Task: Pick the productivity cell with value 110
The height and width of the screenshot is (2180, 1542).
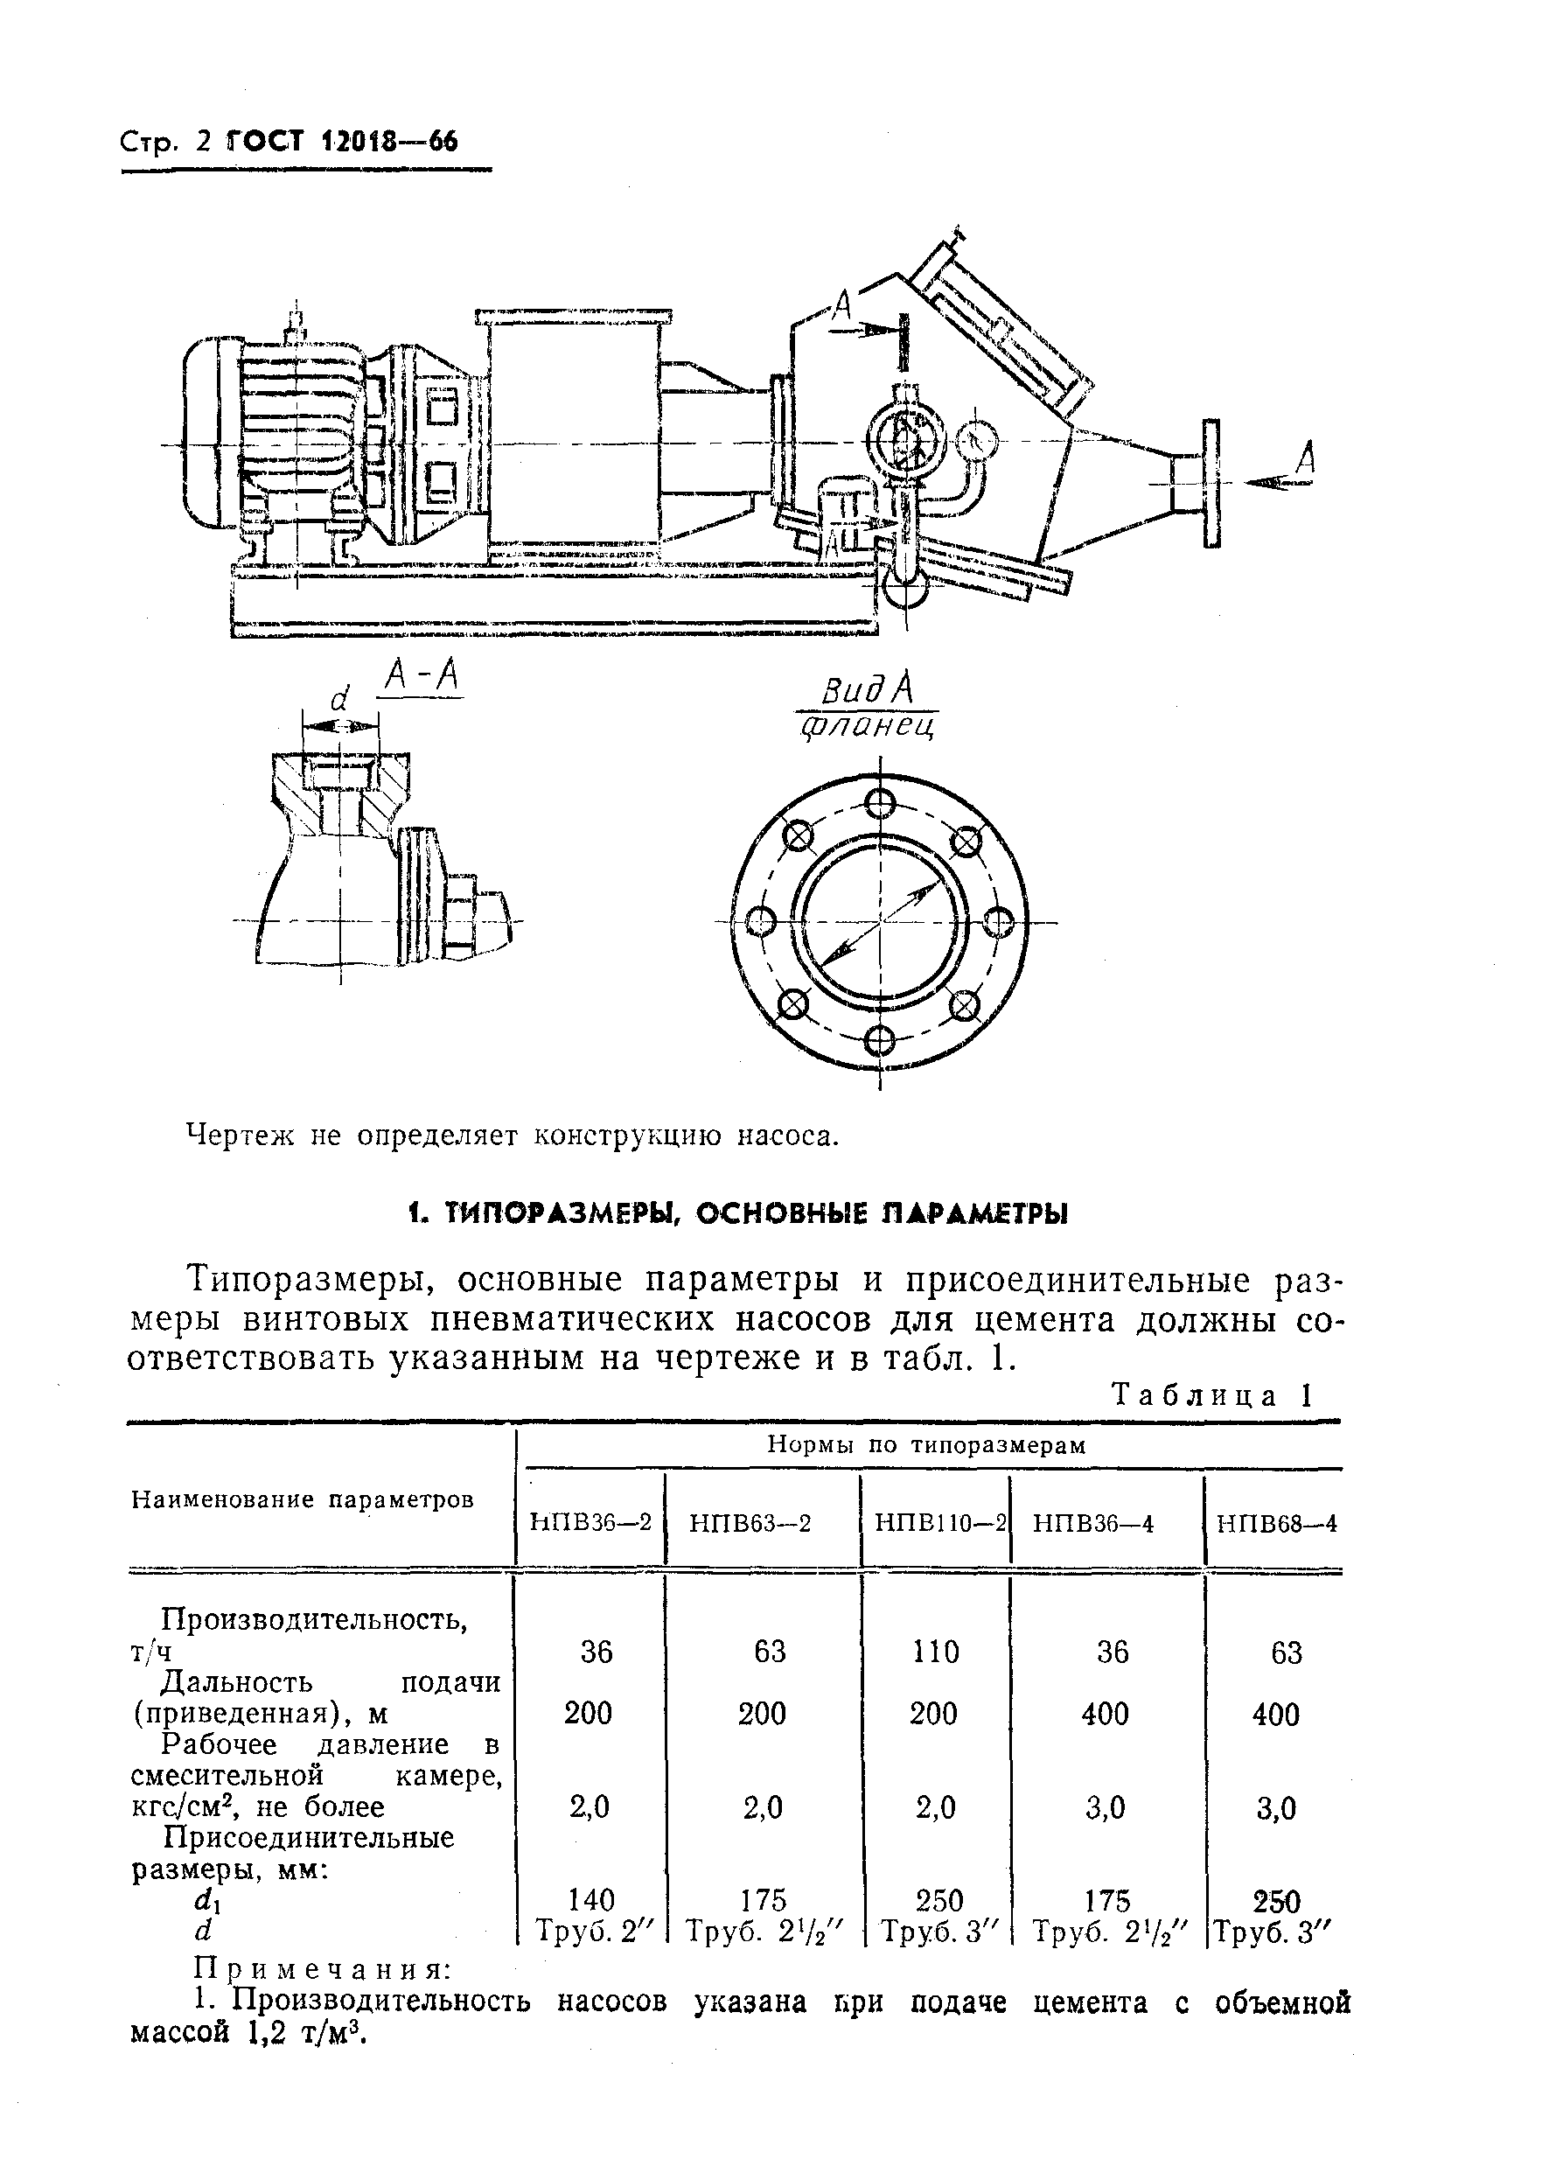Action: tap(936, 1652)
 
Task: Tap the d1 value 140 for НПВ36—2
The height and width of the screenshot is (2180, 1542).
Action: tap(590, 1900)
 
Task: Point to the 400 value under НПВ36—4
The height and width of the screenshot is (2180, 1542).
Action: tap(1106, 1715)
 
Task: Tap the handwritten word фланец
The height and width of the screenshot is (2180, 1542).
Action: tap(868, 728)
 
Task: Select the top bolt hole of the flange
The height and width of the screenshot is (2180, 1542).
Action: tap(881, 803)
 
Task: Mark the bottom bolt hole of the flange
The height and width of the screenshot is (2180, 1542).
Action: tap(881, 1041)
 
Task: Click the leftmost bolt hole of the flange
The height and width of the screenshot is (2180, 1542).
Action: tap(762, 921)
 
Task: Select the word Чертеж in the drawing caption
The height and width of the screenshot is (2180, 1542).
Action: tap(242, 1135)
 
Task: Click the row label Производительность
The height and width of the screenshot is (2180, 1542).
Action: tap(313, 1618)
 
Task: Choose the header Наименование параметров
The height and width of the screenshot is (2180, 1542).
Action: tap(302, 1499)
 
